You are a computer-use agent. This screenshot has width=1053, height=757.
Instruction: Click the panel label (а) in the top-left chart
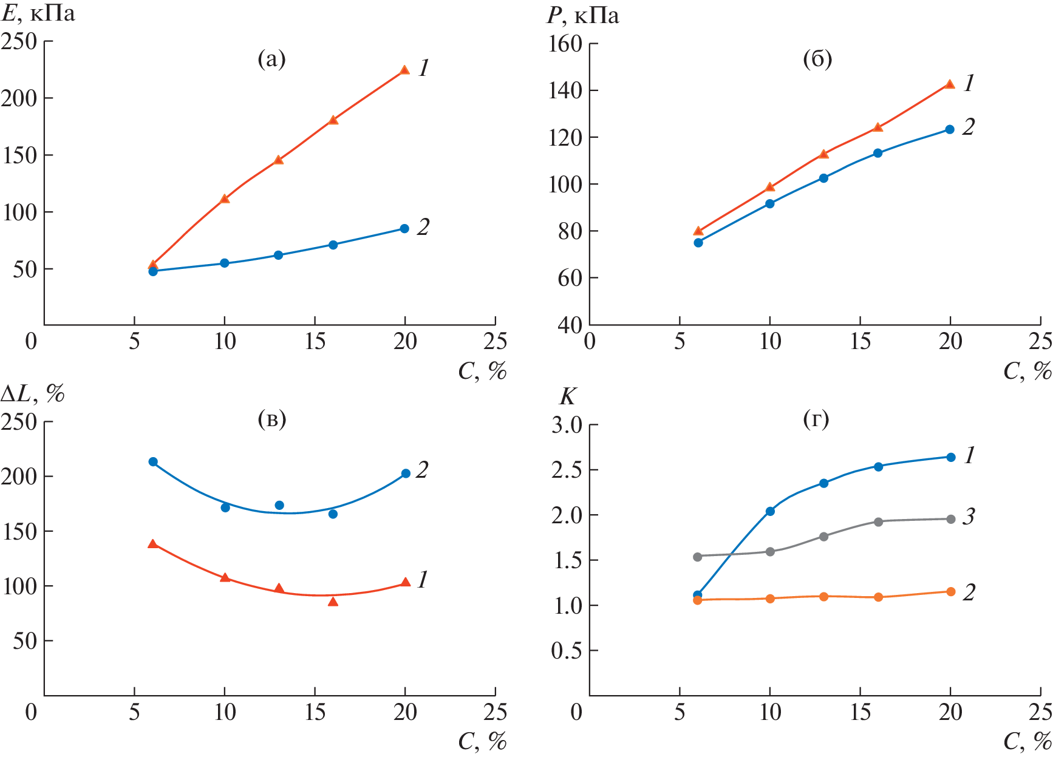pos(271,59)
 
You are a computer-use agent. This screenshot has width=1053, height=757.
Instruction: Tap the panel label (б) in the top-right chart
pos(817,59)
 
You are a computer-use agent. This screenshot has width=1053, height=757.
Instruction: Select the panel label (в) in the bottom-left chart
pos(271,419)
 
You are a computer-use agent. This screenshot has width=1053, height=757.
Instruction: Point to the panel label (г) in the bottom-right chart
pos(816,419)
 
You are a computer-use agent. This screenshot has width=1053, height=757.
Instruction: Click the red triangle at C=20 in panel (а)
pos(405,70)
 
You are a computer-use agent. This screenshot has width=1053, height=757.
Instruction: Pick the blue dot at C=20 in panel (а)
pos(404,228)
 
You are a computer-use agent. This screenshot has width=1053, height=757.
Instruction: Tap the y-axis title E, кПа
pos(39,13)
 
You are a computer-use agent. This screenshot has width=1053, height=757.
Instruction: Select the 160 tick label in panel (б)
pos(565,44)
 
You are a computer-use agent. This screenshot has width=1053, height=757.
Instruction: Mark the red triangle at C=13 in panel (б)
pos(823,154)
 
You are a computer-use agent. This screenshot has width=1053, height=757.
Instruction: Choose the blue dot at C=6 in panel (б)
pos(698,242)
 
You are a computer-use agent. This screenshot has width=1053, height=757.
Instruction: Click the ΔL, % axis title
pos(33,395)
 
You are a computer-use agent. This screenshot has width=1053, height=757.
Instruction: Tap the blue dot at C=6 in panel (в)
pos(153,461)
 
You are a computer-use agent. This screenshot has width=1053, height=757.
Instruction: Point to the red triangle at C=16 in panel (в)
pos(333,602)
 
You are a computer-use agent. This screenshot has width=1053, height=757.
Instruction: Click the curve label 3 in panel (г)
pos(969,517)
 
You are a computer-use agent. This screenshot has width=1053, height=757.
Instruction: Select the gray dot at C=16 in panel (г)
pos(878,521)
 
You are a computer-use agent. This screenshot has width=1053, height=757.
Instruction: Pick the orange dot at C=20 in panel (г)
pos(951,591)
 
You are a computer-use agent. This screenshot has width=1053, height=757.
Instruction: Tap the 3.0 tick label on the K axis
pos(567,425)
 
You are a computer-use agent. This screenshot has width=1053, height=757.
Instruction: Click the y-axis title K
pos(567,396)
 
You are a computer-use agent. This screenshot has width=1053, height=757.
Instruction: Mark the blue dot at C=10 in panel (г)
pos(770,511)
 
